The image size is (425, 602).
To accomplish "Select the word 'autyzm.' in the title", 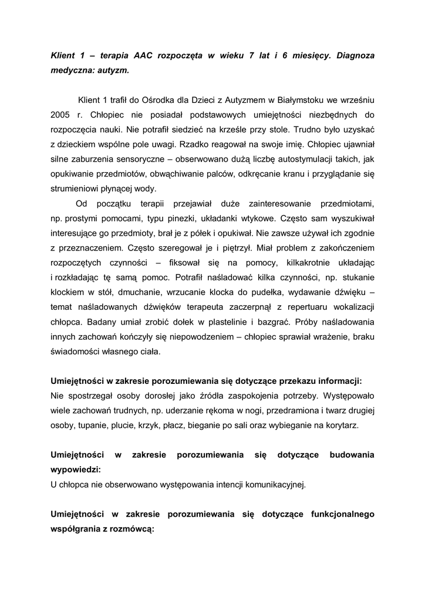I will [x=108, y=71].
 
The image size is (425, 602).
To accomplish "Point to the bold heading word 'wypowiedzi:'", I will [x=76, y=470].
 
